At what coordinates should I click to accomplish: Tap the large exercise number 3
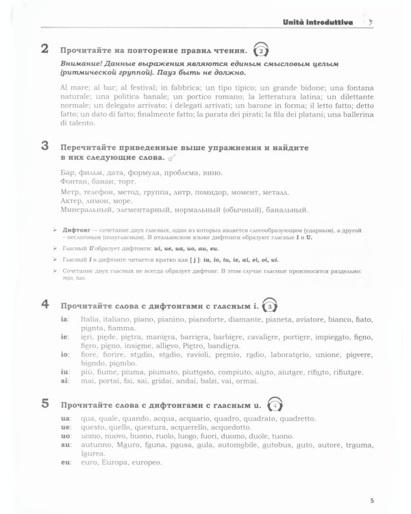coord(45,146)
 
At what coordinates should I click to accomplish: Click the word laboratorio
coord(294,356)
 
